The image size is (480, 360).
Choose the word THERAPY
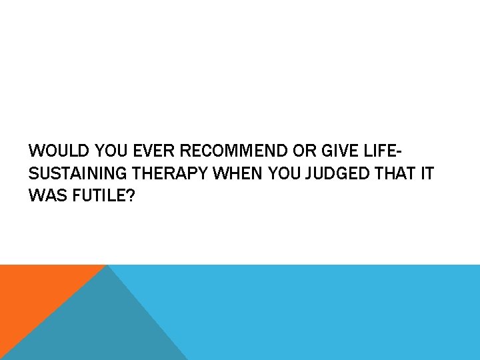click(x=171, y=174)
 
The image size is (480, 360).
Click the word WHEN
click(x=238, y=174)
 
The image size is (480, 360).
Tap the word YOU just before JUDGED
click(x=285, y=174)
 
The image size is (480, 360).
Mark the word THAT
click(x=397, y=174)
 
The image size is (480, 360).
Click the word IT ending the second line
click(x=427, y=174)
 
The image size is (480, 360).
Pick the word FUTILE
click(x=98, y=197)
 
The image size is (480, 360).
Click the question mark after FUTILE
click(x=130, y=197)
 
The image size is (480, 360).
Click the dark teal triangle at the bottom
click(x=100, y=327)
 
